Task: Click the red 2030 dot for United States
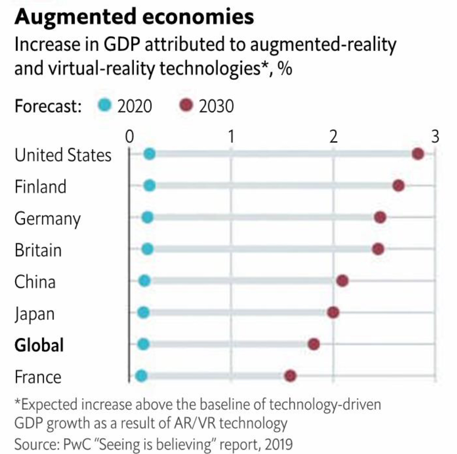tap(418, 154)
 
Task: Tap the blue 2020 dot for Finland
tap(150, 186)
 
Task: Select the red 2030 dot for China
tap(342, 281)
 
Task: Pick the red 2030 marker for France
tap(290, 376)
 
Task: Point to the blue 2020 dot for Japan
tap(143, 313)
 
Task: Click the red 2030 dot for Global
tap(314, 344)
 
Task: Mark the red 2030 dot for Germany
tap(380, 217)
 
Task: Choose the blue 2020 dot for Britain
tap(147, 249)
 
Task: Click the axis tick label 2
tap(333, 136)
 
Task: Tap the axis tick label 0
tap(129, 136)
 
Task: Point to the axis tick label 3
tap(435, 136)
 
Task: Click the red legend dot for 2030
tap(187, 106)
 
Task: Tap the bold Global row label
tap(39, 345)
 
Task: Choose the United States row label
tap(63, 155)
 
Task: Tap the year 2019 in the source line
tap(278, 444)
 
